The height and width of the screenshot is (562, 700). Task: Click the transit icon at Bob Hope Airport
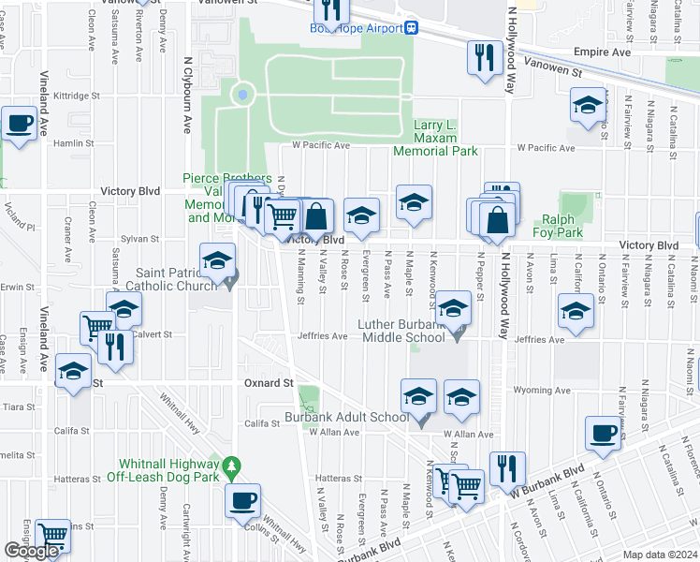(x=410, y=28)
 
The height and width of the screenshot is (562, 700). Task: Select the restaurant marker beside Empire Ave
(x=484, y=58)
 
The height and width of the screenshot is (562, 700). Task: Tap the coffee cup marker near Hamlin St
(x=19, y=123)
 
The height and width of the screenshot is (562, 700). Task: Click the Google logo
(x=31, y=551)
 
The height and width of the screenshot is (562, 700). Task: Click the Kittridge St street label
(x=77, y=96)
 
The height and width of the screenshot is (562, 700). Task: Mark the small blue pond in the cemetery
(x=243, y=94)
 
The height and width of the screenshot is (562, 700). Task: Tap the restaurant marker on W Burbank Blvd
(x=507, y=467)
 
